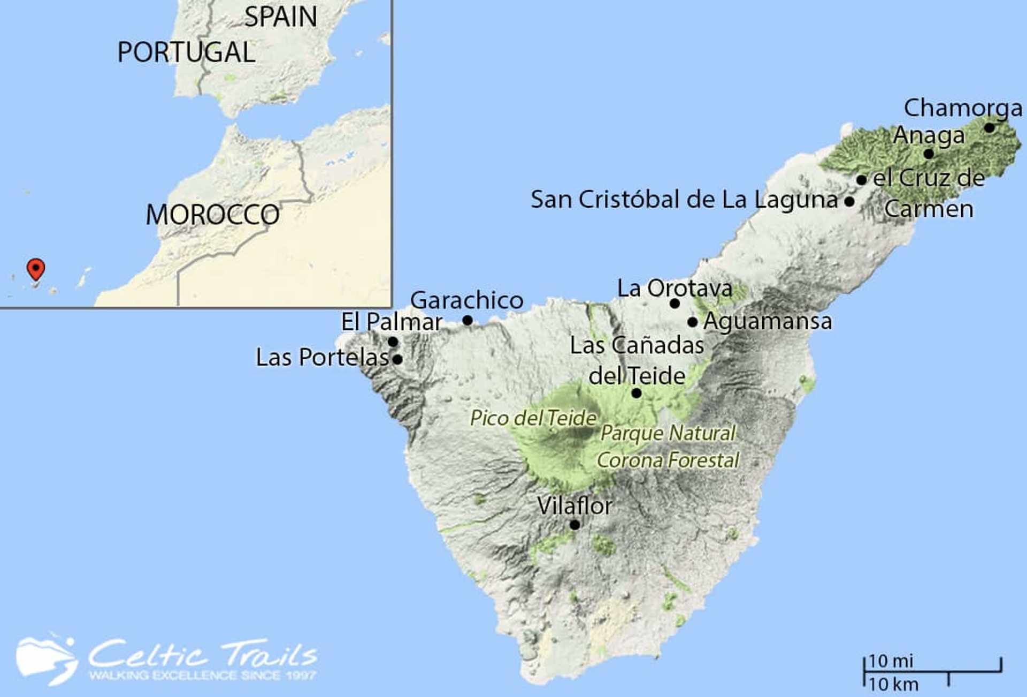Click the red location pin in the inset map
[x=36, y=268]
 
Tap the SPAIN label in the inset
[x=281, y=17]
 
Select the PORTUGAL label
[x=186, y=52]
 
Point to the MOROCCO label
[x=212, y=215]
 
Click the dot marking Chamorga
[x=989, y=128]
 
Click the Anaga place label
[x=929, y=135]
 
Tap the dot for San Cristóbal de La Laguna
[x=849, y=202]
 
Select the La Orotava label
[x=675, y=289]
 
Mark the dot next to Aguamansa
[x=692, y=322]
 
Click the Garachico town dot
[x=467, y=320]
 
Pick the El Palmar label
[x=392, y=322]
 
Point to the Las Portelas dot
[x=397, y=359]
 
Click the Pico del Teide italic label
[x=533, y=418]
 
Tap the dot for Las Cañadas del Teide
[x=637, y=393]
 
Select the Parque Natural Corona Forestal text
[x=668, y=446]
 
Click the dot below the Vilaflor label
[x=574, y=525]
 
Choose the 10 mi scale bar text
[x=891, y=661]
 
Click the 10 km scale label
[x=893, y=684]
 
